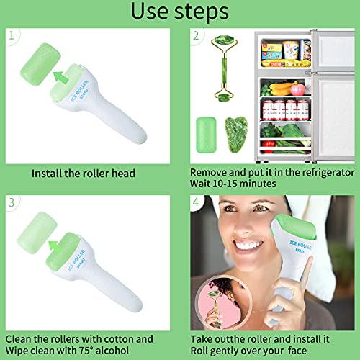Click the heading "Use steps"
pyautogui.click(x=180, y=12)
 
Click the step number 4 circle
pyautogui.click(x=197, y=202)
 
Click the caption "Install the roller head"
pyautogui.click(x=84, y=174)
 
